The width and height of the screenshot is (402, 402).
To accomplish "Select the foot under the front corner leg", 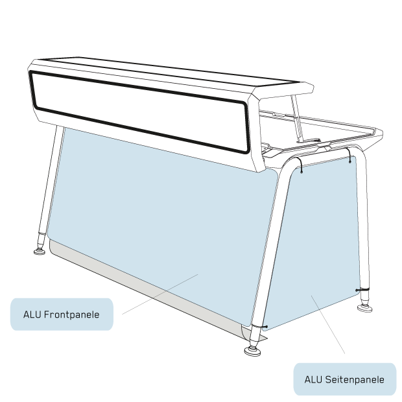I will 253,351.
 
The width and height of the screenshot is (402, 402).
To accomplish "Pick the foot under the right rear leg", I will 364,307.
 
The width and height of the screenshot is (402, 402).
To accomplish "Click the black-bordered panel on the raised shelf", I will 139,110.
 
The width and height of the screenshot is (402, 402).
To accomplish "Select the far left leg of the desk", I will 51,182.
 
